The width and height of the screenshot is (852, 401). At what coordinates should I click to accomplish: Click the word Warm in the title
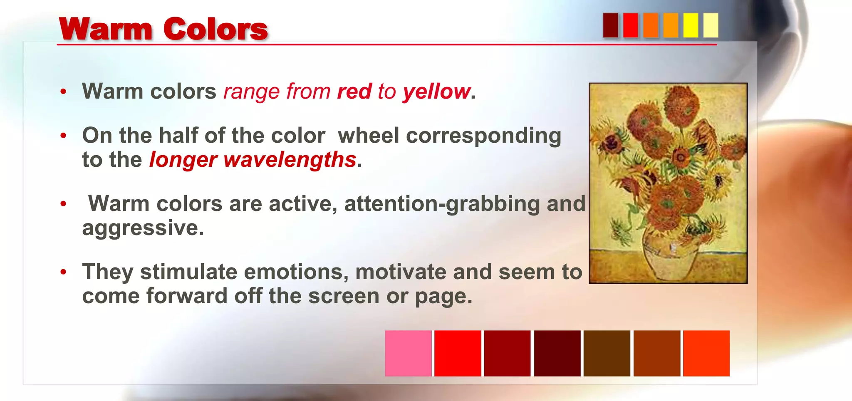click(x=106, y=29)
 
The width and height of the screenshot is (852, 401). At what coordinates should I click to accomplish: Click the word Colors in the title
click(x=215, y=29)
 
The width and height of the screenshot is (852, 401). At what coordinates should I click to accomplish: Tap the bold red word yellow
click(x=436, y=92)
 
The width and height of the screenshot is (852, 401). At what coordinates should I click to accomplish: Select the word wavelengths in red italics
click(x=290, y=160)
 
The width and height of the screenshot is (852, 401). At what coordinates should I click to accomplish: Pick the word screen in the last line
click(x=344, y=296)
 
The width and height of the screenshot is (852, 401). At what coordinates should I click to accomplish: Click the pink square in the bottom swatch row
click(x=408, y=353)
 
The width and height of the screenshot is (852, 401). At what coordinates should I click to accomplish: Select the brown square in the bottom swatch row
click(x=607, y=353)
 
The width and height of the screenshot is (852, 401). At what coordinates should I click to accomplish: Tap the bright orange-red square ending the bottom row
click(x=706, y=353)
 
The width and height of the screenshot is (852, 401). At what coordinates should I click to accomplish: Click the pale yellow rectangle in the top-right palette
click(x=711, y=25)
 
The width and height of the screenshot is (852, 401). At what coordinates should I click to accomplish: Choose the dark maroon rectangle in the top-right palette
click(x=610, y=25)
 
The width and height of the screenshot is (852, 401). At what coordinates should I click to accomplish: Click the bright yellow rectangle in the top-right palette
click(x=691, y=25)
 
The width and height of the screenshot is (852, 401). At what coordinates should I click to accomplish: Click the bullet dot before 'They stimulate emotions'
click(x=63, y=272)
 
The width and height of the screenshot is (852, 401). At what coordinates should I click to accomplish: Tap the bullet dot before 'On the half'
click(x=63, y=136)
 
